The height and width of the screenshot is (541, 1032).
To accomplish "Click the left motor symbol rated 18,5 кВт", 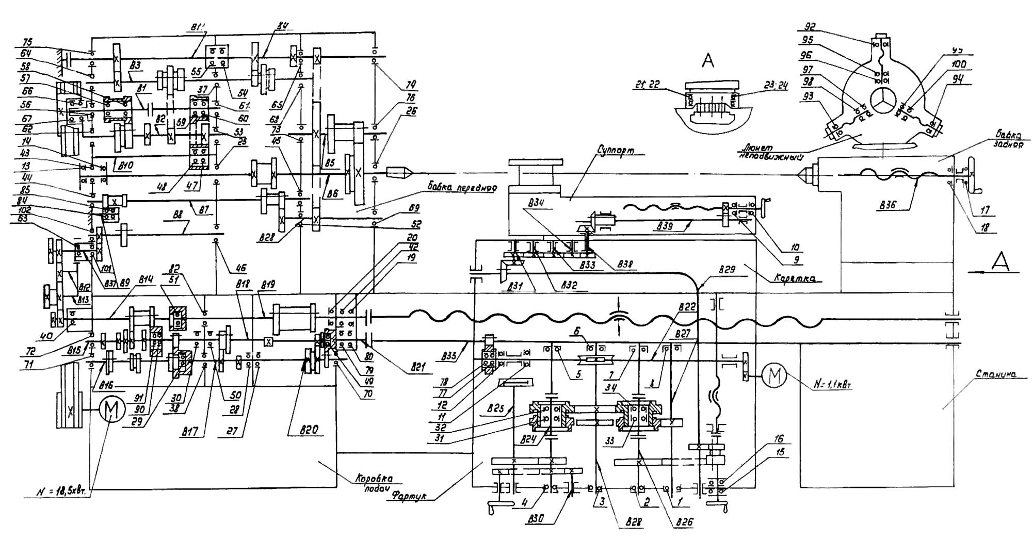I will pos(111,411).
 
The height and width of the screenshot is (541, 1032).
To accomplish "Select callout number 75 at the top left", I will pos(26,43).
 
